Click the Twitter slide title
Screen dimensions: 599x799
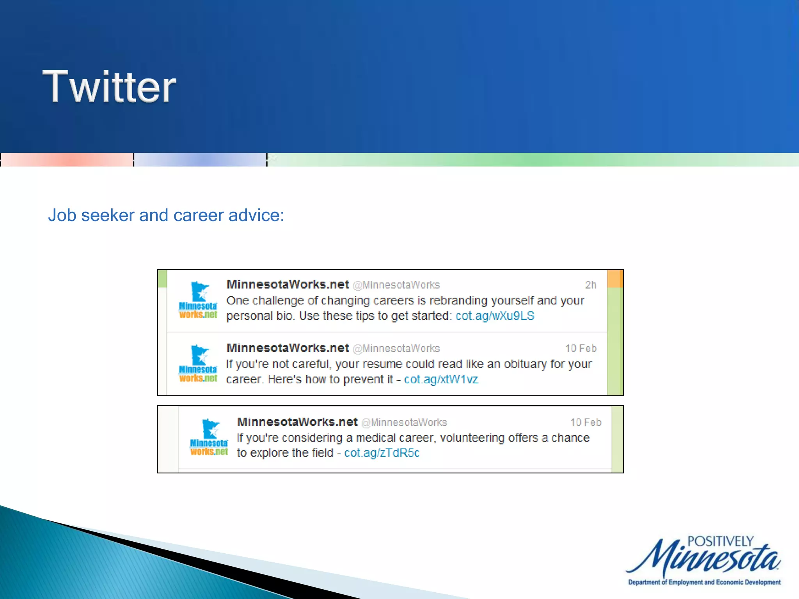(x=109, y=87)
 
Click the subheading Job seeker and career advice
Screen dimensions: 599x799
(x=166, y=215)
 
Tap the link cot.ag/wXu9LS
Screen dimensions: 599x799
(x=494, y=316)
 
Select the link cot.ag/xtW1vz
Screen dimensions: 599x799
(x=441, y=379)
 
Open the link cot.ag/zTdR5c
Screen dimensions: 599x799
(x=382, y=453)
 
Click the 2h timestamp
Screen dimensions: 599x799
(x=590, y=285)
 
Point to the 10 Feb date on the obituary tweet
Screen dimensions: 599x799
(x=581, y=349)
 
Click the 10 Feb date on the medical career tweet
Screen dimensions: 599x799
(x=586, y=422)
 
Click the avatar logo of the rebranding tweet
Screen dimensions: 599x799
(x=198, y=300)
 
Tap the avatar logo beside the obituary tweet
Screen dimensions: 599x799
(x=198, y=363)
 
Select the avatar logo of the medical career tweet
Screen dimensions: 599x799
(x=209, y=437)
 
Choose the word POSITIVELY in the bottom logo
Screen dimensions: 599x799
(x=720, y=541)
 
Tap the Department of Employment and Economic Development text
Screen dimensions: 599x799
(x=704, y=582)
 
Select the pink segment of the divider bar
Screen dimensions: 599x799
(x=67, y=160)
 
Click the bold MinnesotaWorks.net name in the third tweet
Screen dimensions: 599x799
(x=297, y=422)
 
